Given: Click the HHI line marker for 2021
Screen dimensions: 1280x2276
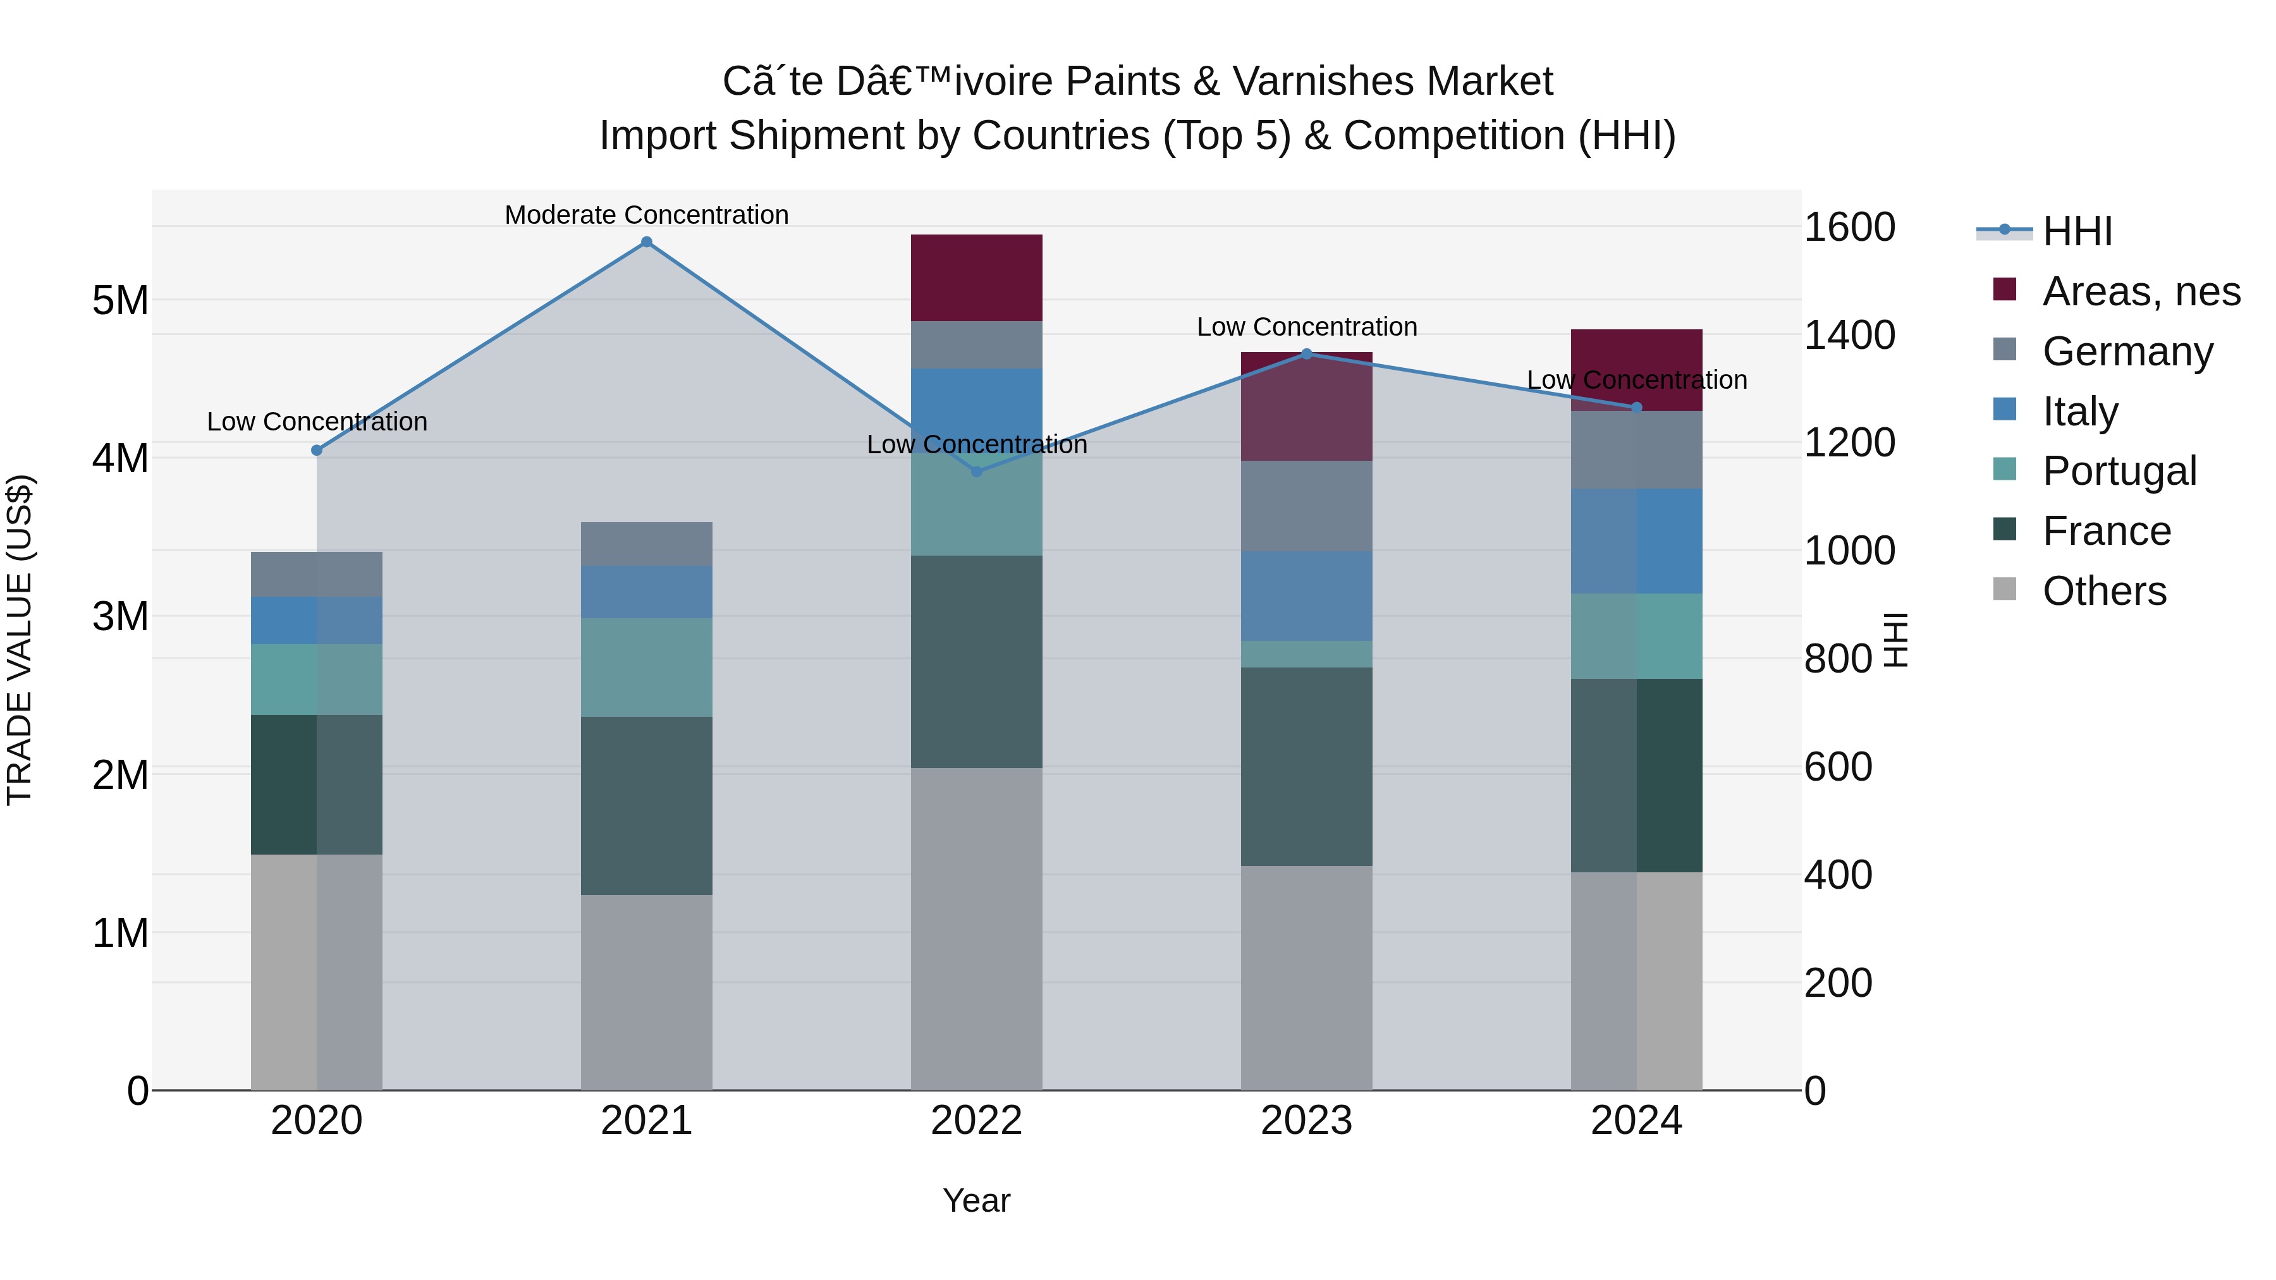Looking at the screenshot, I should [x=647, y=242].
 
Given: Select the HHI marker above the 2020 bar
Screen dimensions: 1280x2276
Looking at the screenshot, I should [x=317, y=451].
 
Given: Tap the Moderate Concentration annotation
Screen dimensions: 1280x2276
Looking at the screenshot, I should [x=647, y=215].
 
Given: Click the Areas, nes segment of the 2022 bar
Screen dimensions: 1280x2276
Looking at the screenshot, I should [x=976, y=278].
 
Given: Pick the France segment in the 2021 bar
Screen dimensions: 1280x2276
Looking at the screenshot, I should [x=647, y=806].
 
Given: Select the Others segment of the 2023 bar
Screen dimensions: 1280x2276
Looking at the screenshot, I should [x=1307, y=978].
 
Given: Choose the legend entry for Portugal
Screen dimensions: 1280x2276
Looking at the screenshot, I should [x=2119, y=471].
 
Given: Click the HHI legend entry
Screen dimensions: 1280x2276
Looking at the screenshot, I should [x=2076, y=231].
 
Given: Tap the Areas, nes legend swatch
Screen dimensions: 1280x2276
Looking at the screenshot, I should [x=2005, y=290].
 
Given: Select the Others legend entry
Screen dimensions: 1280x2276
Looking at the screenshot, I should [x=2103, y=591].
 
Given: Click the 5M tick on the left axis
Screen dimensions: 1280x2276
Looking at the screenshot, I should [x=121, y=300].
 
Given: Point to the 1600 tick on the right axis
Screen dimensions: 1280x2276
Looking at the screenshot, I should [x=1849, y=227].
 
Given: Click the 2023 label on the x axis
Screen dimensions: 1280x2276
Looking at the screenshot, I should [x=1307, y=1121].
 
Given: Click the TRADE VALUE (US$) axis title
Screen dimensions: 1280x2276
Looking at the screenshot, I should [x=20, y=640].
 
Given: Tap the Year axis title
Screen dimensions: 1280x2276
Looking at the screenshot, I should [x=976, y=1200].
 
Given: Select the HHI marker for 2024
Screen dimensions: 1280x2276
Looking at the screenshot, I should [x=1636, y=407].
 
